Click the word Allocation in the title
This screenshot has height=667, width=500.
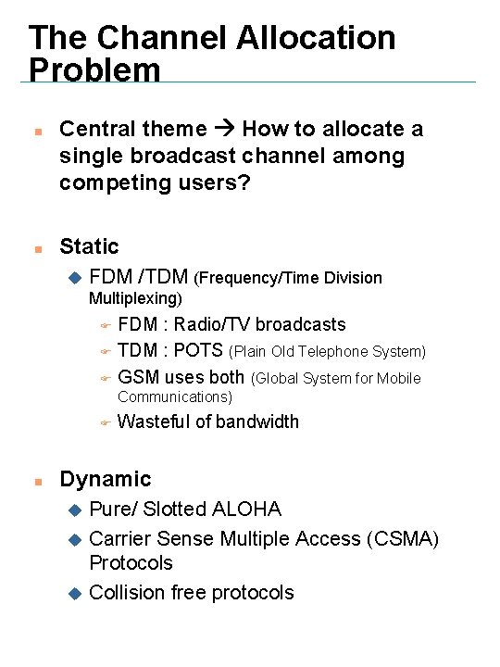pyautogui.click(x=316, y=38)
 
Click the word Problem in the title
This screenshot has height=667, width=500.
pyautogui.click(x=94, y=69)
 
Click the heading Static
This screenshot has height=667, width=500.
pyautogui.click(x=89, y=246)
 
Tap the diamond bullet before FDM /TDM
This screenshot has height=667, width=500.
pyautogui.click(x=75, y=277)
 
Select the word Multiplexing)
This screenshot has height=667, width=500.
pyautogui.click(x=135, y=298)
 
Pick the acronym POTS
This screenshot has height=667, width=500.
pyautogui.click(x=198, y=351)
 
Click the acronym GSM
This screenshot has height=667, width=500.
pyautogui.click(x=139, y=377)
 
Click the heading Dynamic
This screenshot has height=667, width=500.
pyautogui.click(x=105, y=479)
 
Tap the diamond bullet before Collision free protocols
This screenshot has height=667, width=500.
pyautogui.click(x=75, y=593)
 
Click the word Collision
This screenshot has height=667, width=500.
pyautogui.click(x=125, y=592)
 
